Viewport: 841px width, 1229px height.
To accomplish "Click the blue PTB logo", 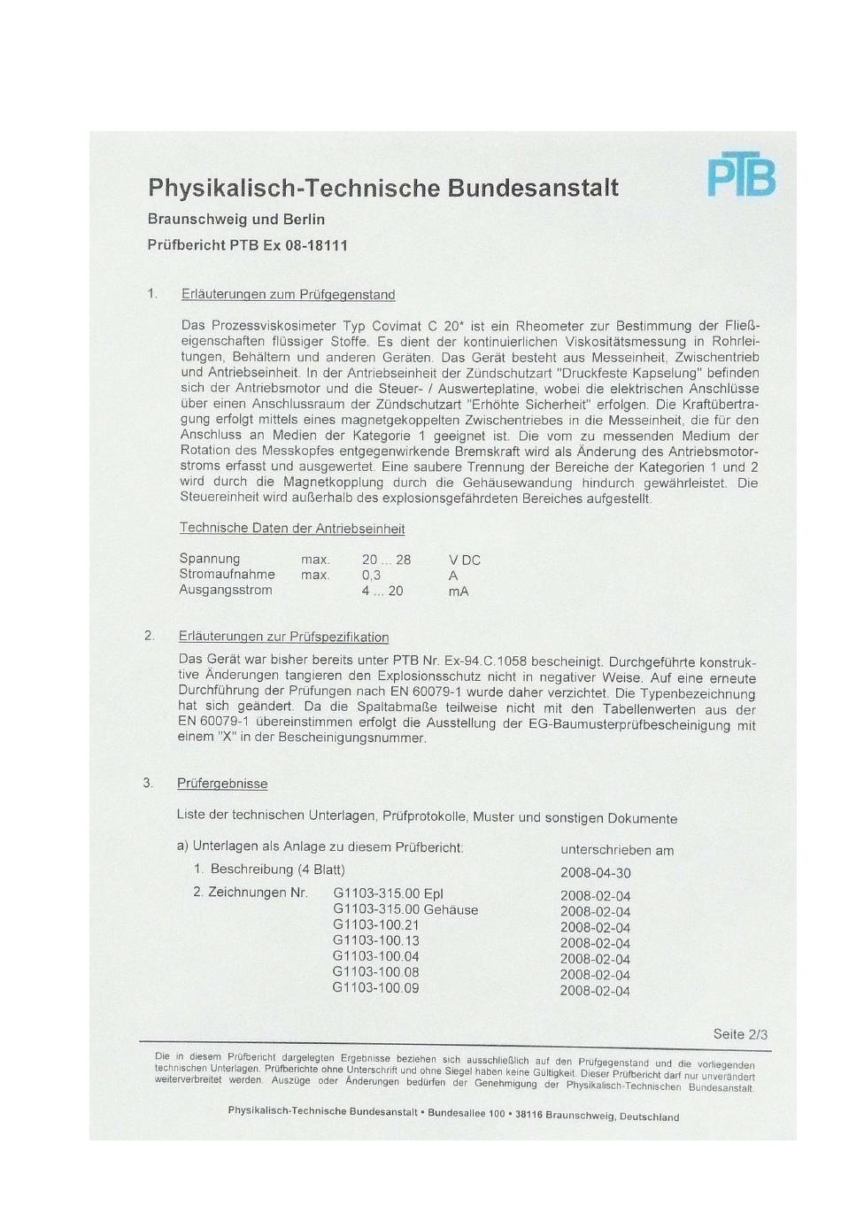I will [x=741, y=175].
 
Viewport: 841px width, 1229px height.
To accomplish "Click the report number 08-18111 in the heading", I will [x=316, y=245].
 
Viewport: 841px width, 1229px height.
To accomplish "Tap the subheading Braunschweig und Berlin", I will [x=235, y=219].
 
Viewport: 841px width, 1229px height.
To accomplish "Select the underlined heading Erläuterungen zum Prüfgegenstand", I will [x=288, y=294].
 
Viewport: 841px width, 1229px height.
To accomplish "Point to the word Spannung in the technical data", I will [x=209, y=559].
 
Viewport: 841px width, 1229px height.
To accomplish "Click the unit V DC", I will [x=465, y=560].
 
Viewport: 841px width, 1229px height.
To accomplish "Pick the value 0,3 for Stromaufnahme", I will [x=371, y=575].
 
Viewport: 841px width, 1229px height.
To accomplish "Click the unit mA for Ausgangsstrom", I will [x=459, y=591].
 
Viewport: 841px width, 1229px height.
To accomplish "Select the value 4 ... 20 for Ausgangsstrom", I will [x=382, y=591].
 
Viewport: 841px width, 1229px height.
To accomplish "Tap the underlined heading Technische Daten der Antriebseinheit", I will [x=292, y=529].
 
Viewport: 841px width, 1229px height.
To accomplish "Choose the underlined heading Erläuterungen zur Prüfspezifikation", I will [x=283, y=637].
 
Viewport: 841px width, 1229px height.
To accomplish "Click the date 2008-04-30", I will [x=595, y=873].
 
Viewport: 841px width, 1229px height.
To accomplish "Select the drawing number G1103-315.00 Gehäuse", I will [x=405, y=909].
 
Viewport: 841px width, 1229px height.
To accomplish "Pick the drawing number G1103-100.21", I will [x=375, y=925].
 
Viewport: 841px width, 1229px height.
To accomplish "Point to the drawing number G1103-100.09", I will [x=375, y=988].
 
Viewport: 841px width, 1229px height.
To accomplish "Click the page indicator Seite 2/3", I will [x=740, y=1034].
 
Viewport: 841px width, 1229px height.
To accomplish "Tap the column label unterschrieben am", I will [x=617, y=850].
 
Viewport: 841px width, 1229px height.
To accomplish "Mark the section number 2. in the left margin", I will [x=150, y=636].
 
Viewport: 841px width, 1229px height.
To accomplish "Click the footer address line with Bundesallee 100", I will [x=453, y=1113].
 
